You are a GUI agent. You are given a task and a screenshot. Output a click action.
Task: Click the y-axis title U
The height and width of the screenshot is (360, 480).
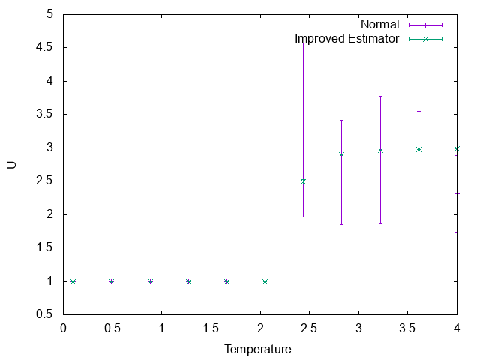tap(11, 164)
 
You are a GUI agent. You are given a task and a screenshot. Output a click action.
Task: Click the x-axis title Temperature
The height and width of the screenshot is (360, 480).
tap(258, 349)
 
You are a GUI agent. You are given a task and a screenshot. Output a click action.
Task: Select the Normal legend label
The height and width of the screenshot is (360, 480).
tap(379, 24)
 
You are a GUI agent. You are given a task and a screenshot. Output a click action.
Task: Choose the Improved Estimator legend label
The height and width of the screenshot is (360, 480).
tap(346, 38)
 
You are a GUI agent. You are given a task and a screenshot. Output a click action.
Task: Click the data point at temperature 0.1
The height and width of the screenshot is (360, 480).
tap(73, 281)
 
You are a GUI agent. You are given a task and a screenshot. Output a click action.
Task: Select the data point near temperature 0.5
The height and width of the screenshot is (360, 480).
tap(112, 281)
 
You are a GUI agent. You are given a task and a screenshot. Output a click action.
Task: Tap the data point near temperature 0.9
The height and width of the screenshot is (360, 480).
tap(150, 281)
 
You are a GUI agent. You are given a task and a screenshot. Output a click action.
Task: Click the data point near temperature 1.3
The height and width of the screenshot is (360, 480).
tap(188, 281)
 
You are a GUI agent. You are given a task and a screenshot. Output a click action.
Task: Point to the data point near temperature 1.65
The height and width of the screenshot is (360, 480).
tap(226, 281)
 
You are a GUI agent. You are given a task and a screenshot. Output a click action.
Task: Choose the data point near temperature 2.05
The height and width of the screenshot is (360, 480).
tap(265, 281)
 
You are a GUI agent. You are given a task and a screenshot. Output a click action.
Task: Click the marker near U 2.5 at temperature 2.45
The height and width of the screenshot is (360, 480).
tap(303, 181)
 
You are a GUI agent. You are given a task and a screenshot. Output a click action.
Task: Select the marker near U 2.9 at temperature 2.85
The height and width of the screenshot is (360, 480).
tap(342, 154)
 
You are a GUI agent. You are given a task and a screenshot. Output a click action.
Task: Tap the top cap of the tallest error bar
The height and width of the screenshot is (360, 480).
tap(303, 43)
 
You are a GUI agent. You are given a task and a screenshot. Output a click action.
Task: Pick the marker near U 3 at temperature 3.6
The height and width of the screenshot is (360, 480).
tap(418, 149)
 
